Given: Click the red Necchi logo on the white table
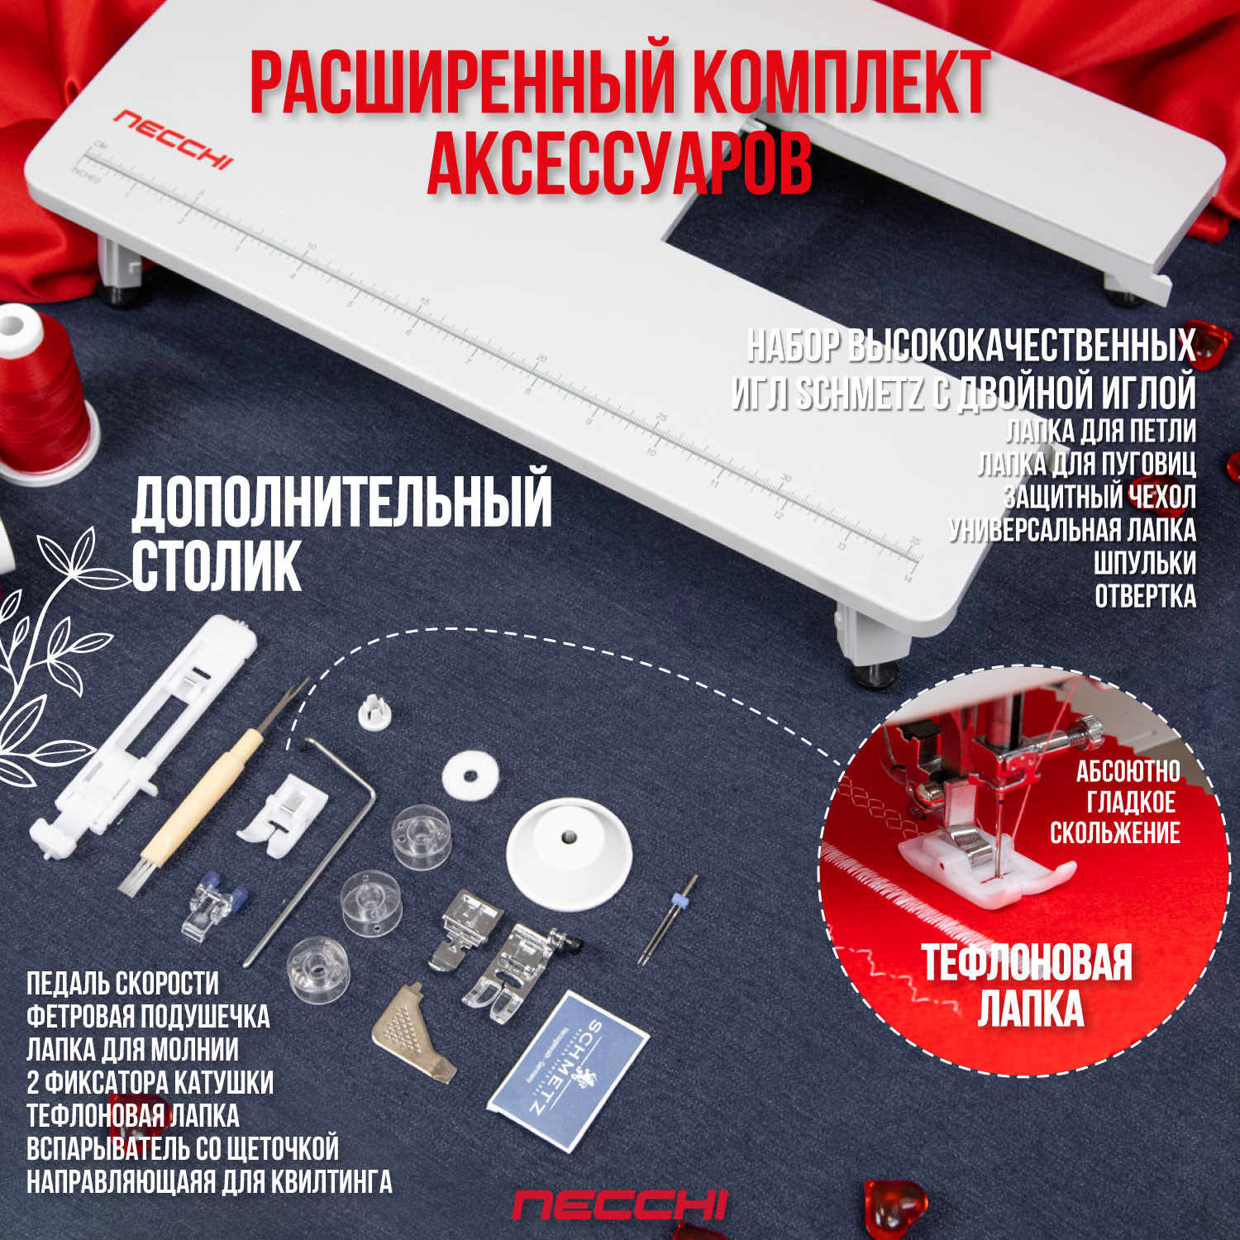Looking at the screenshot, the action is [x=173, y=139].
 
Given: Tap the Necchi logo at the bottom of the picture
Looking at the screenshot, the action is [x=619, y=1206].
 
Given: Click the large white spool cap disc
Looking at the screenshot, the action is [x=569, y=852].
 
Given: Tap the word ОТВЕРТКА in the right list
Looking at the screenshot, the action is [x=1145, y=596].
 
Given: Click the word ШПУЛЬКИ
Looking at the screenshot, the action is [x=1145, y=563].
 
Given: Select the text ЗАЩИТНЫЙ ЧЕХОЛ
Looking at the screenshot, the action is [x=1099, y=497].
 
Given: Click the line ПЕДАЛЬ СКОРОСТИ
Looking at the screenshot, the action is [x=123, y=984].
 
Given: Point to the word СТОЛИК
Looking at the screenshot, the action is [x=217, y=567].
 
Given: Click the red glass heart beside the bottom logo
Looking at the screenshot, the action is [x=893, y=1206].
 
